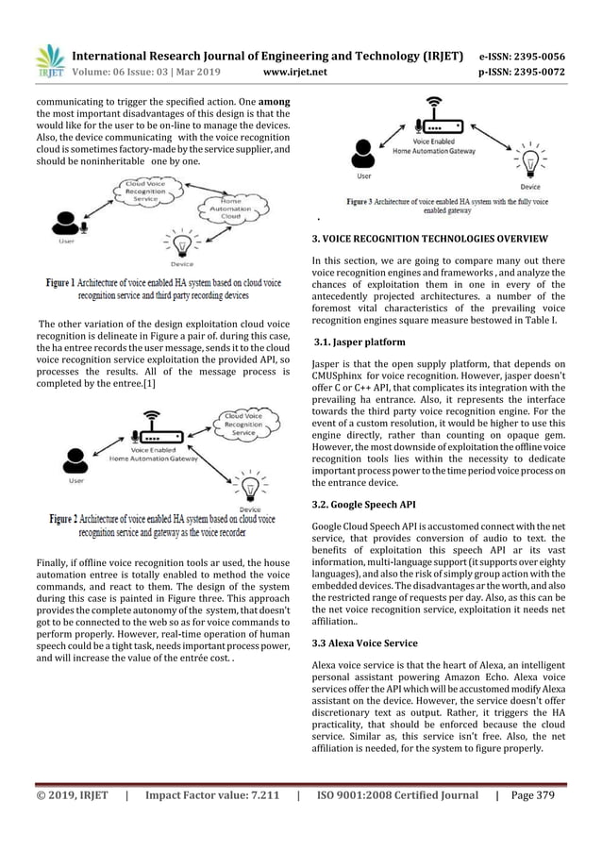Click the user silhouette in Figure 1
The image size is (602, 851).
(x=67, y=223)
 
